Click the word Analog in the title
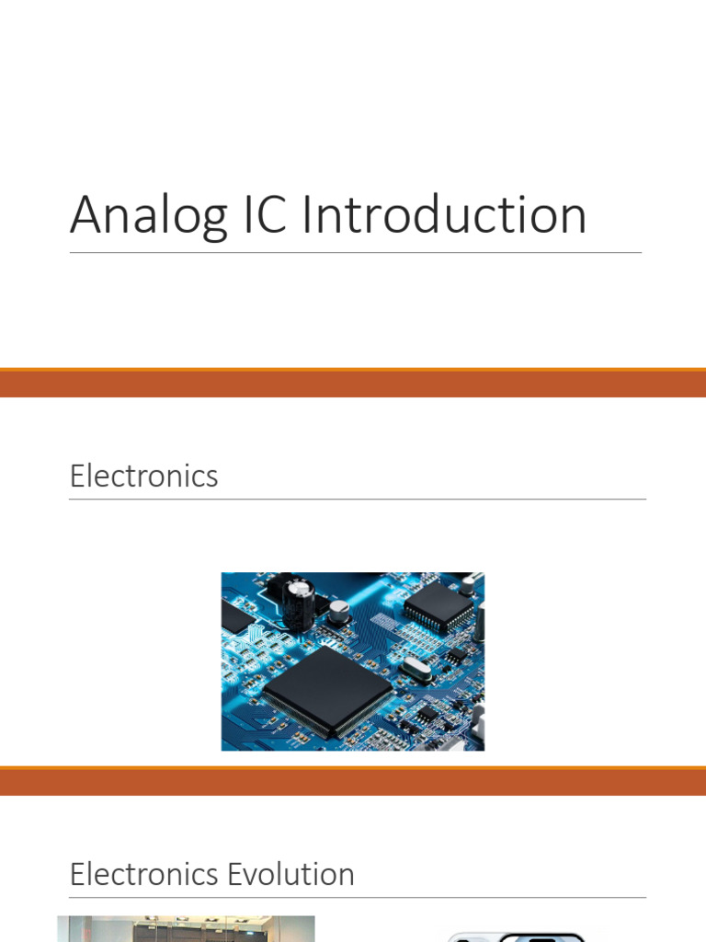coord(148,217)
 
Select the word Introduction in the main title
coord(445,215)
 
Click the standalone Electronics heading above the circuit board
coord(143,477)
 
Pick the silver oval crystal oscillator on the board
coord(415,671)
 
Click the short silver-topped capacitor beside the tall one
coord(338,611)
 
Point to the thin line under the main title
coord(355,252)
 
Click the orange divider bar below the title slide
coord(353,383)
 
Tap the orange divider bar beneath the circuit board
coord(353,781)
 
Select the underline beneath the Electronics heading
coord(357,500)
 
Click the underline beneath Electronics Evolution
coord(357,897)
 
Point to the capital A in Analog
coord(85,215)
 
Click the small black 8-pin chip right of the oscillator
coord(456,656)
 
